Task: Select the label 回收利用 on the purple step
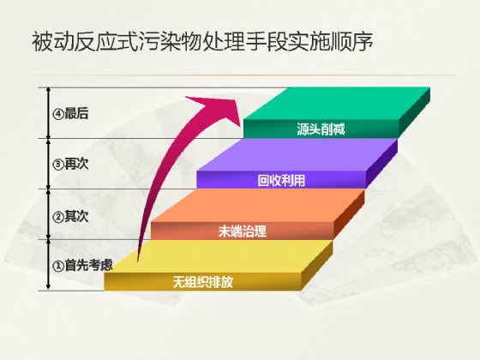(x=281, y=180)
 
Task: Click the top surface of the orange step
(x=257, y=206)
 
